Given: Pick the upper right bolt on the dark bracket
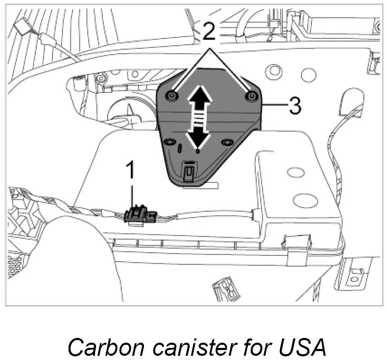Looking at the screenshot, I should [252, 95].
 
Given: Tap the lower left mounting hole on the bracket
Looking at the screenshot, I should [169, 142].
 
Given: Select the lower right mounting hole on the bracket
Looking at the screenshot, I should [227, 142].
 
